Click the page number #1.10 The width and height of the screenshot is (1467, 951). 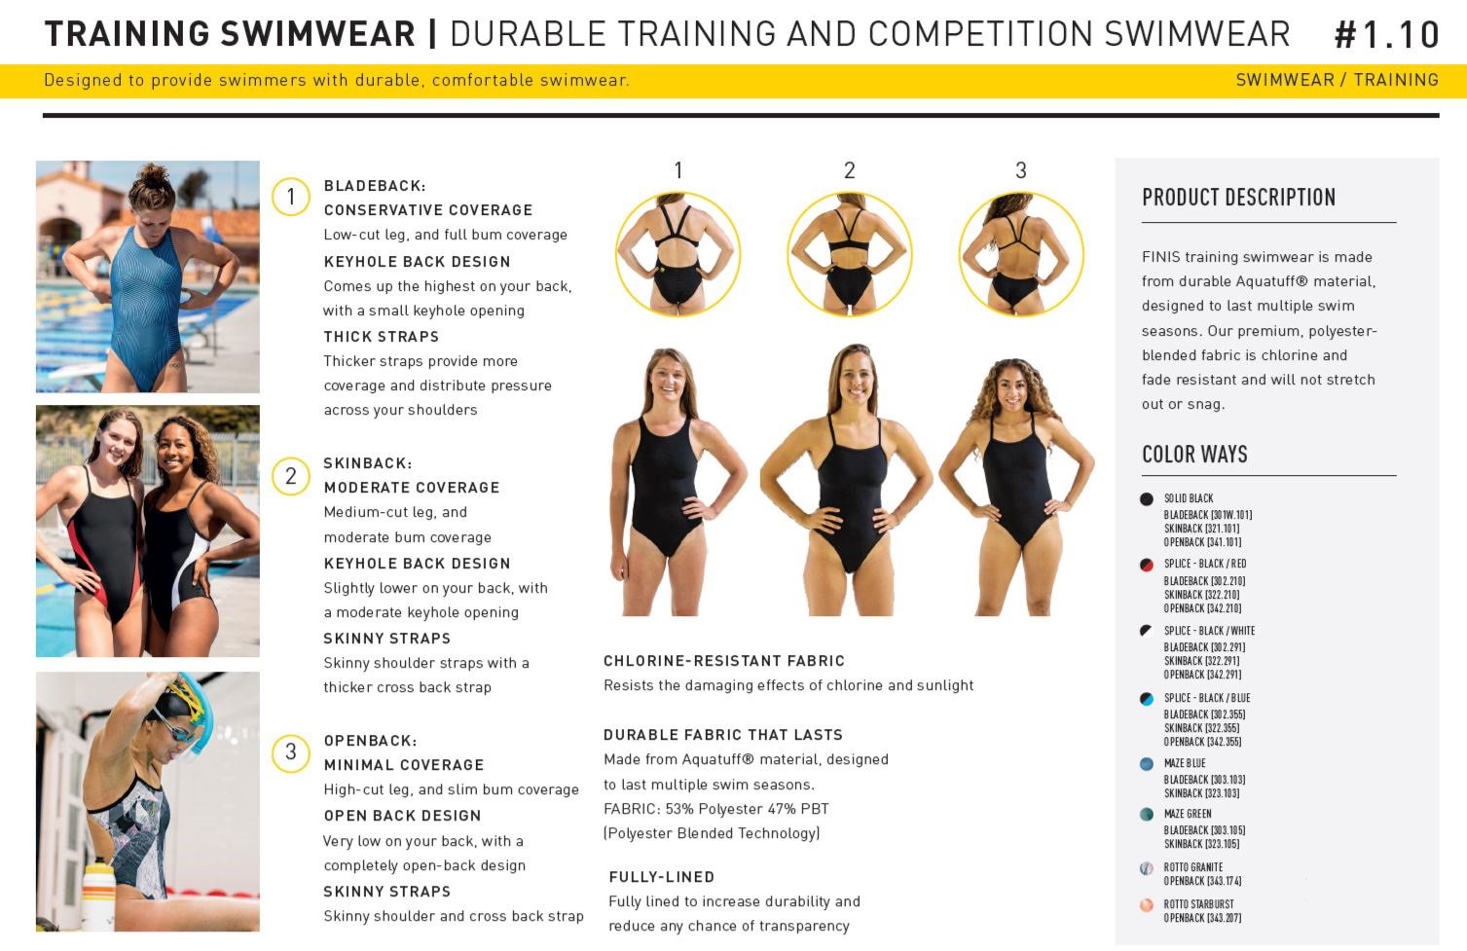(x=1386, y=35)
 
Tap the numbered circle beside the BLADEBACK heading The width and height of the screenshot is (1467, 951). (x=291, y=197)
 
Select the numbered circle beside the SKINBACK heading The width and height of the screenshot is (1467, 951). (x=291, y=476)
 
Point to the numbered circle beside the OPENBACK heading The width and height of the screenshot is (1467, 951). (x=291, y=752)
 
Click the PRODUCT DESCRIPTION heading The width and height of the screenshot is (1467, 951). (x=1238, y=198)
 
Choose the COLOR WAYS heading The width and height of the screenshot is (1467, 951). (x=1194, y=454)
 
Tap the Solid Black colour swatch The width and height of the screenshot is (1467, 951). (x=1146, y=499)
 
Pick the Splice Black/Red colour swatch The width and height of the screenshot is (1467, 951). (x=1146, y=565)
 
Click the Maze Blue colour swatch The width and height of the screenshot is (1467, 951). (x=1146, y=764)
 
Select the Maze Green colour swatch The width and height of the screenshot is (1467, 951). (x=1146, y=814)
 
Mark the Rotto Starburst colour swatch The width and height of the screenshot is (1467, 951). (x=1146, y=905)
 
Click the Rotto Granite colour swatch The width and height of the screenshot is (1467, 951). (x=1146, y=868)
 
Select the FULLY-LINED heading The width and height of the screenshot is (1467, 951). (x=661, y=877)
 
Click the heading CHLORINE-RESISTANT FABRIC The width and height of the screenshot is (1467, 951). (x=724, y=661)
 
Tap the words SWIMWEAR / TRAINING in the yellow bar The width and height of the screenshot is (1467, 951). (x=1337, y=80)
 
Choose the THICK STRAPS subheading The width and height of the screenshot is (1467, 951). (x=382, y=337)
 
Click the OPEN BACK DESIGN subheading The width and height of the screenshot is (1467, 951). (x=402, y=816)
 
